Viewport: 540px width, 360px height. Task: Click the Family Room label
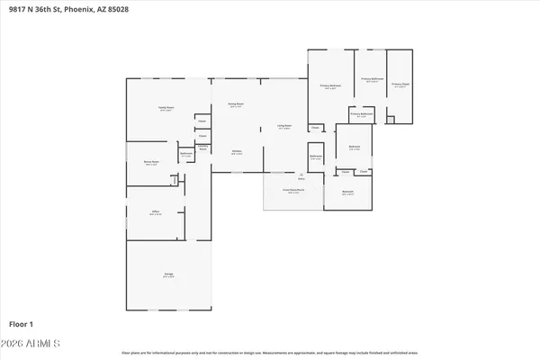166,107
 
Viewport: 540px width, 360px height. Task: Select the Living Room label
283,127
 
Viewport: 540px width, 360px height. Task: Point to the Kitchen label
237,151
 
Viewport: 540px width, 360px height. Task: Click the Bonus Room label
152,163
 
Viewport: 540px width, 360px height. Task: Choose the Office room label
155,212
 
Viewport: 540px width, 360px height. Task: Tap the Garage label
168,276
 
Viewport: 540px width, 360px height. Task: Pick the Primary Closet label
400,85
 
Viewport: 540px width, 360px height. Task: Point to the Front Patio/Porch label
292,191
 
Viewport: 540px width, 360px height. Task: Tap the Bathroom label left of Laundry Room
186,153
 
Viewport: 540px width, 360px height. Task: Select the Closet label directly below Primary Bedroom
315,127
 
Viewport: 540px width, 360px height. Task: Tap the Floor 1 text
22,322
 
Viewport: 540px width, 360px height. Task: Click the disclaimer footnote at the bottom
270,353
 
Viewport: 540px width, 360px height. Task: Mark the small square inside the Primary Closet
390,119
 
